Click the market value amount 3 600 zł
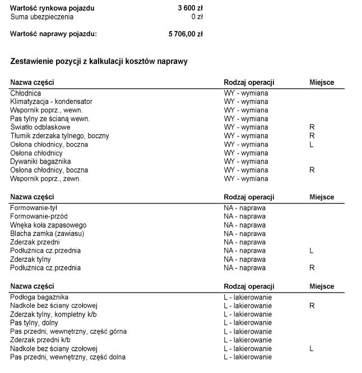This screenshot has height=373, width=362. pyautogui.click(x=190, y=8)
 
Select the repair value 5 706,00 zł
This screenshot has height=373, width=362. pyautogui.click(x=185, y=34)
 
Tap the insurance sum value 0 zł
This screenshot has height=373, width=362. pyautogui.click(x=196, y=17)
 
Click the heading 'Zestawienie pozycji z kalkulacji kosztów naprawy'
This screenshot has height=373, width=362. pyautogui.click(x=99, y=61)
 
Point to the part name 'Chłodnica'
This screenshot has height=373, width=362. pyautogui.click(x=25, y=93)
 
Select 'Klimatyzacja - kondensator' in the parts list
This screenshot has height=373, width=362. pyautogui.click(x=51, y=102)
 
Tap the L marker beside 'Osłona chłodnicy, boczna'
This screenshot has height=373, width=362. pyautogui.click(x=312, y=144)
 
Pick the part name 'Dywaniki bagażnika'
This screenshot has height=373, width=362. pyautogui.click(x=40, y=161)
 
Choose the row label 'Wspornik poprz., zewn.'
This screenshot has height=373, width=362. pyautogui.click(x=45, y=179)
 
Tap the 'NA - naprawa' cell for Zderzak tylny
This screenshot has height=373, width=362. pyautogui.click(x=245, y=260)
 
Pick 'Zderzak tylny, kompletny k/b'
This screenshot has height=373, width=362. pyautogui.click(x=53, y=314)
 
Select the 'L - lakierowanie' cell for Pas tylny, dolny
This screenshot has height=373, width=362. pyautogui.click(x=248, y=322)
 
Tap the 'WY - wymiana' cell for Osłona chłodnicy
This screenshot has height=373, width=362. pyautogui.click(x=246, y=153)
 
